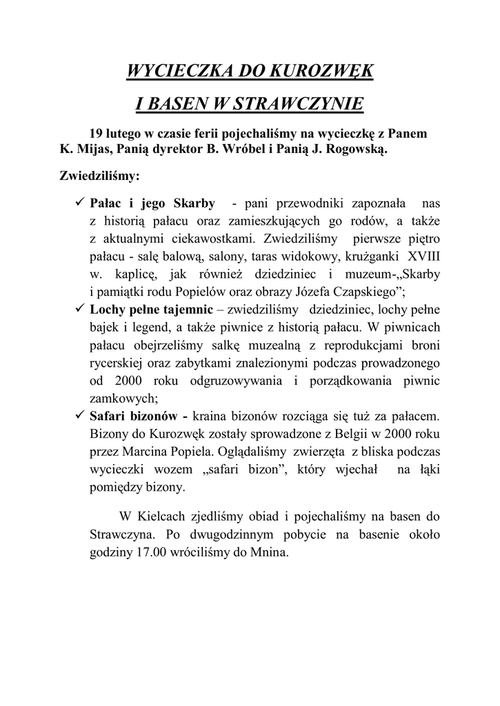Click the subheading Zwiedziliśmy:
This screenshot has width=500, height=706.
[x=100, y=176]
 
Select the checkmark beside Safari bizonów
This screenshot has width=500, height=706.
[x=79, y=416]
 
